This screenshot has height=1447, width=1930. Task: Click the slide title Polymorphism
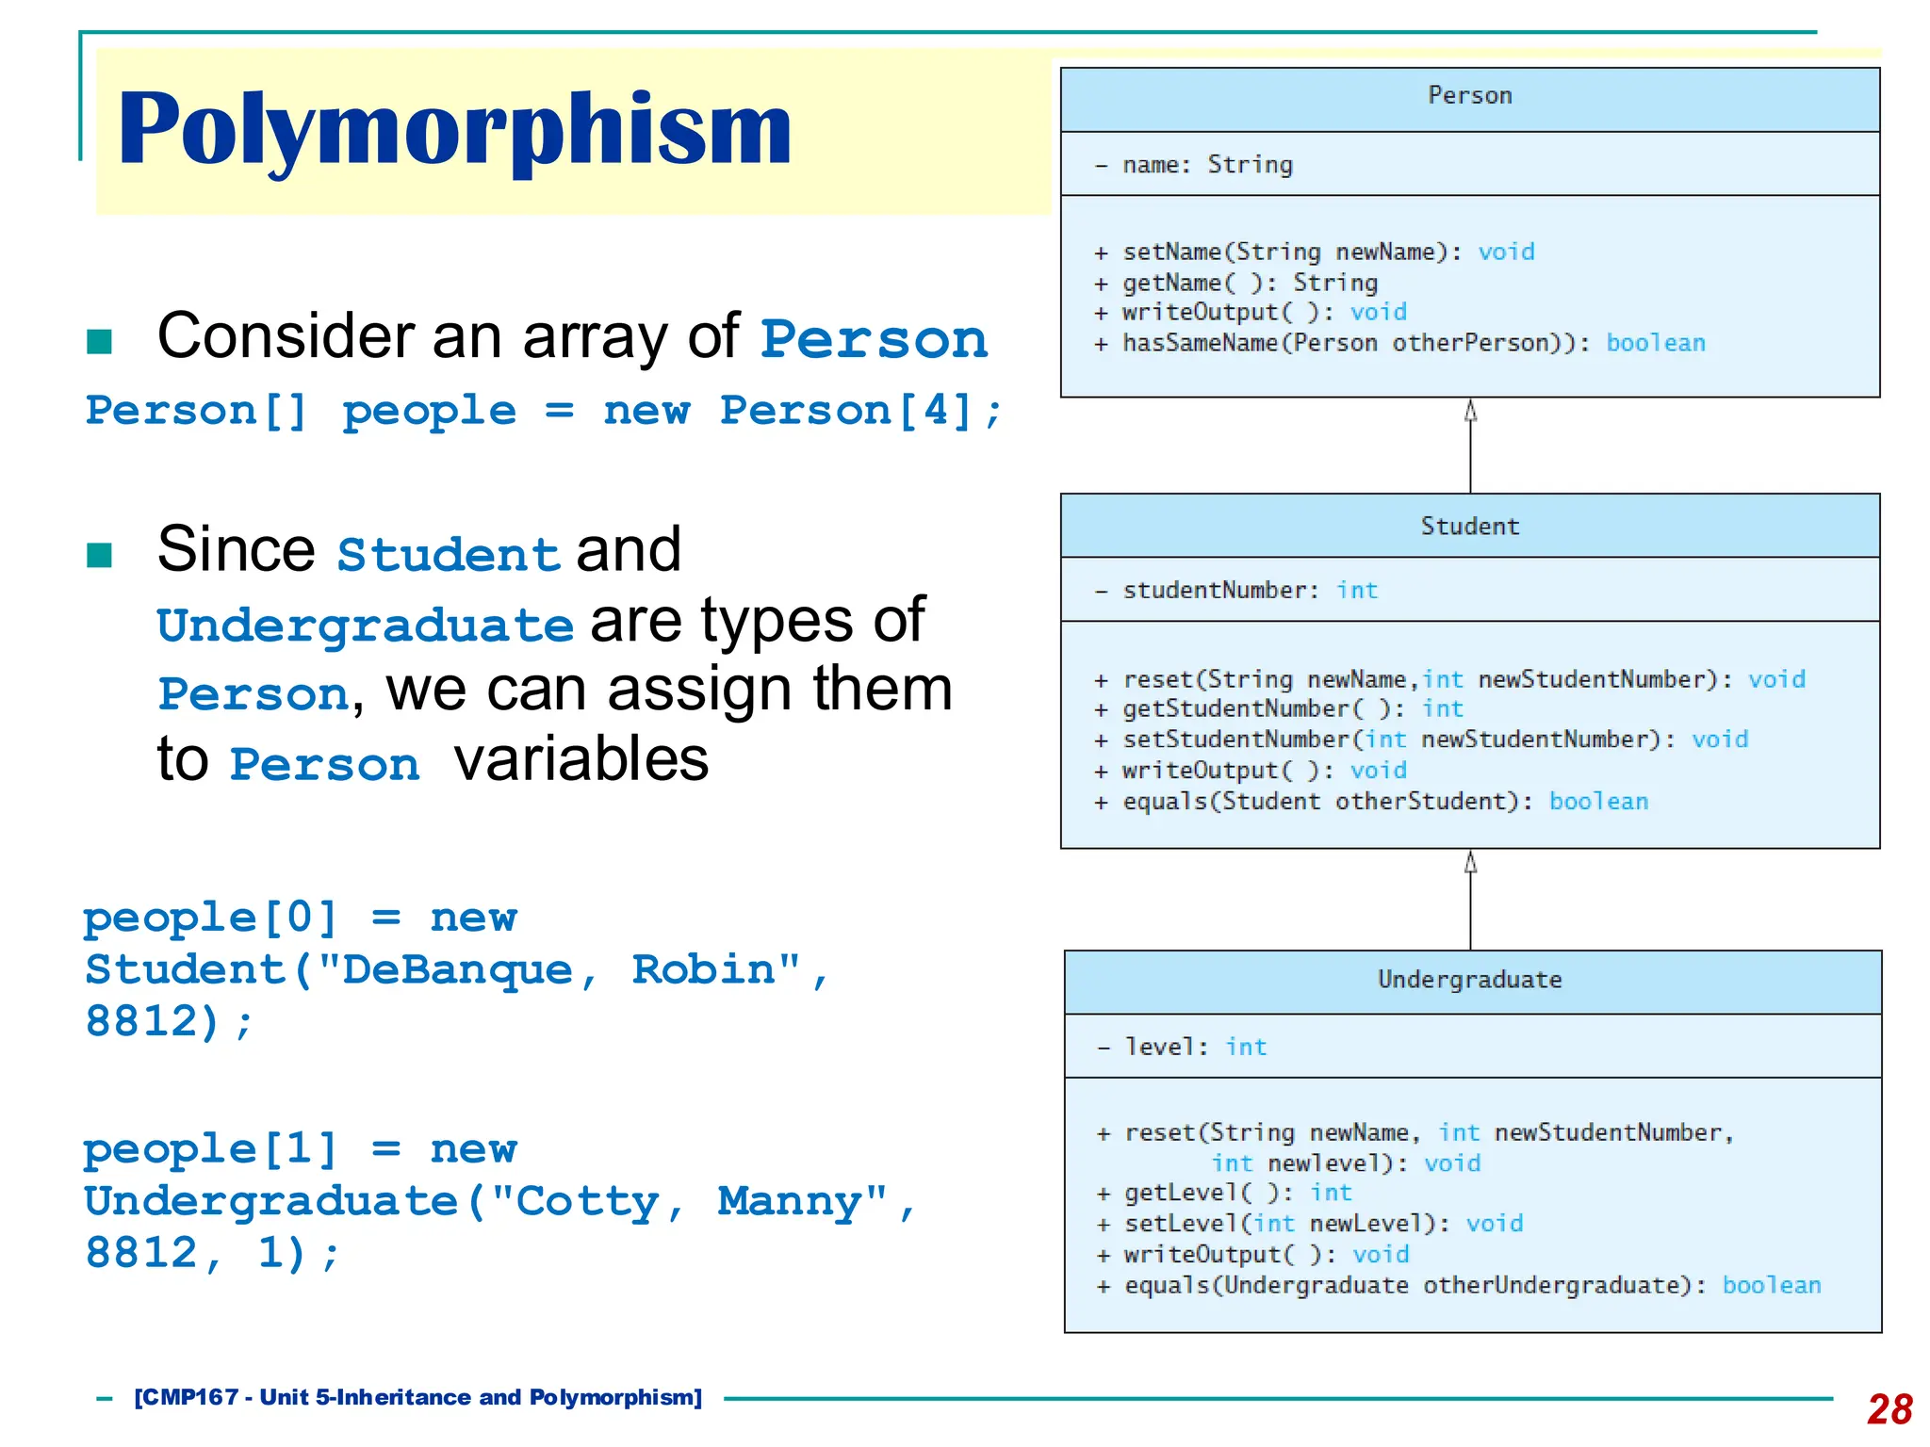pyautogui.click(x=454, y=129)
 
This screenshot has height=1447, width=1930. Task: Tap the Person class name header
pyautogui.click(x=1469, y=95)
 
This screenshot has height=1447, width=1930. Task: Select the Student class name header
pyautogui.click(x=1469, y=526)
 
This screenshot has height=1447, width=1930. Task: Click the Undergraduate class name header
pyautogui.click(x=1469, y=980)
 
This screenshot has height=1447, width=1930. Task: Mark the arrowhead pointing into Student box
pyautogui.click(x=1470, y=861)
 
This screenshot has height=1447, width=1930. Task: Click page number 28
pyautogui.click(x=1889, y=1409)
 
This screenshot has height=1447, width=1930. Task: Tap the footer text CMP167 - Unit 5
pyautogui.click(x=417, y=1397)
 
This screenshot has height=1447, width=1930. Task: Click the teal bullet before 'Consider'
pyautogui.click(x=99, y=341)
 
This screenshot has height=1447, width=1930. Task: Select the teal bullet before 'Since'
pyautogui.click(x=99, y=555)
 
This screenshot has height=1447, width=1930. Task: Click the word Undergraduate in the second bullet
pyautogui.click(x=366, y=626)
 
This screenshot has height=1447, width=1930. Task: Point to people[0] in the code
pyautogui.click(x=209, y=917)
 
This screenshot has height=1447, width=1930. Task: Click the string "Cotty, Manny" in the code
pyautogui.click(x=689, y=1201)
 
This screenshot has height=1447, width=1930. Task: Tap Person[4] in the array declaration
pyautogui.click(x=847, y=411)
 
